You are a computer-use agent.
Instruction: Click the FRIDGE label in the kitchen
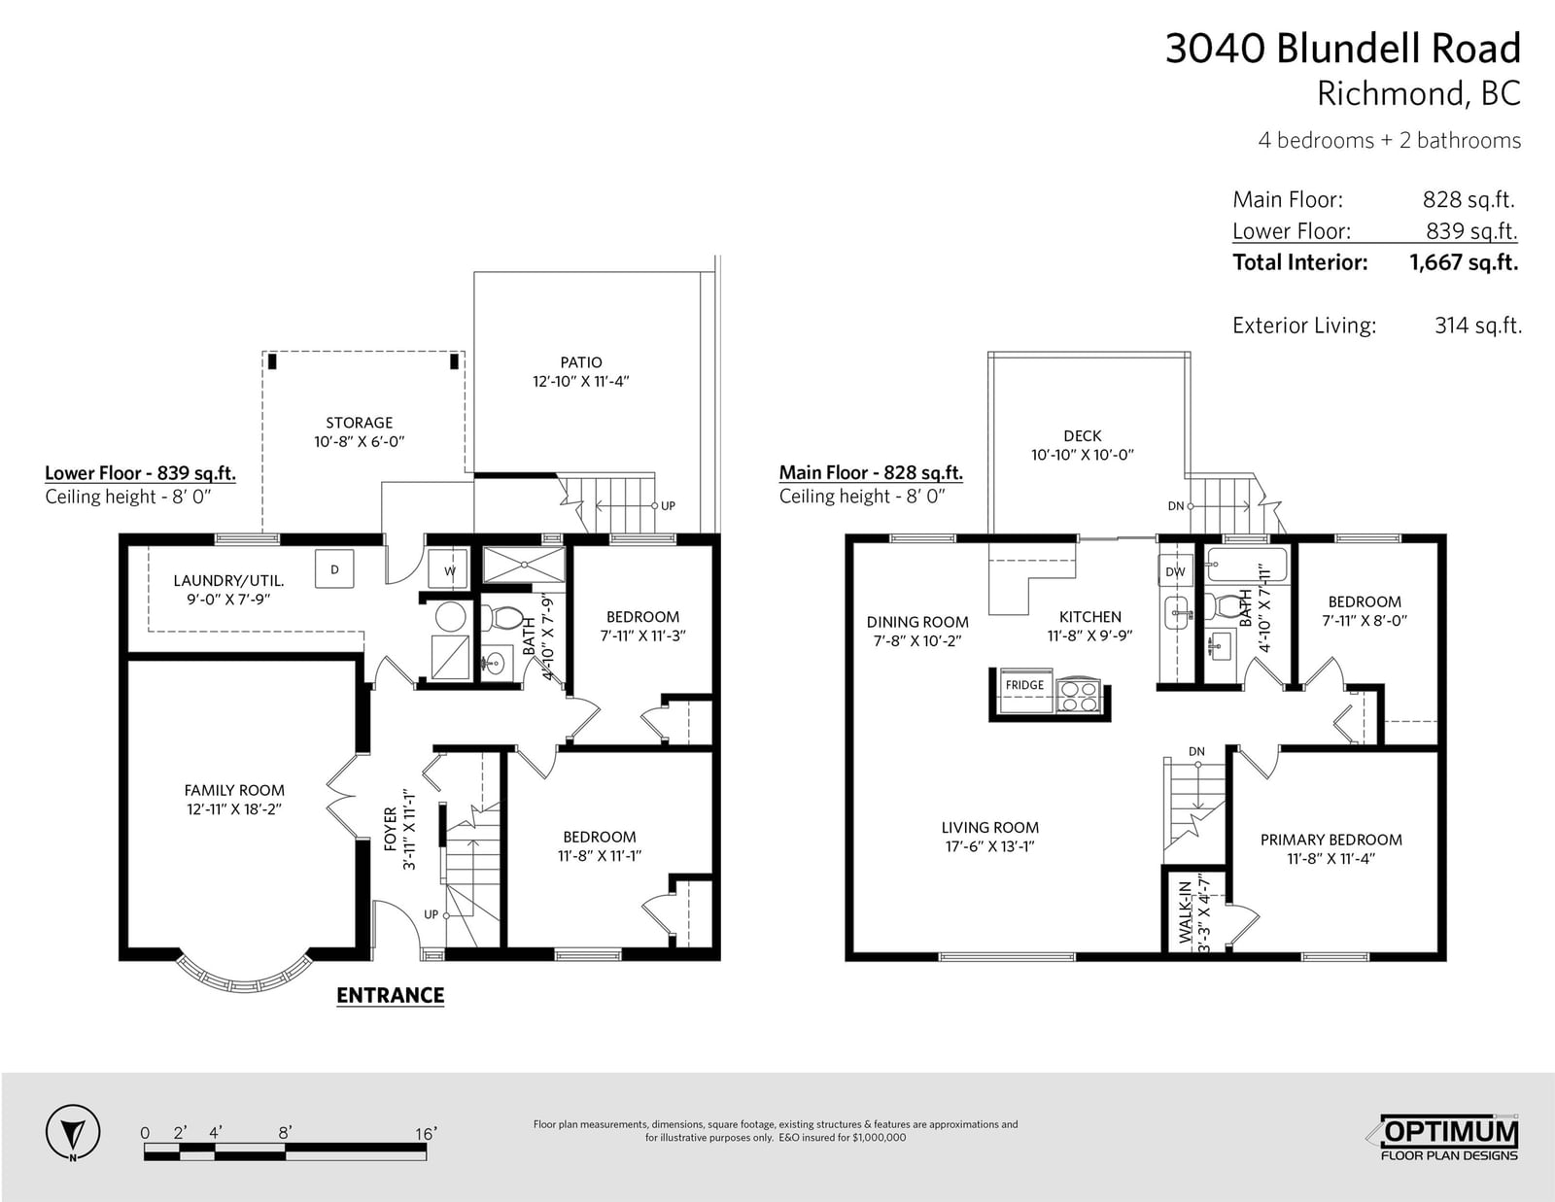click(x=1024, y=685)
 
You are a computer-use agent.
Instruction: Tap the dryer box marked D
click(x=334, y=569)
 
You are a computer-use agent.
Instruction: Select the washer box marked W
click(x=449, y=570)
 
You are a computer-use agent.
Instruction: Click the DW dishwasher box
click(x=1175, y=571)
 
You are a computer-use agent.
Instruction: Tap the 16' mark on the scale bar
click(x=425, y=1134)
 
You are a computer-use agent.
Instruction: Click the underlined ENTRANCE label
click(x=390, y=996)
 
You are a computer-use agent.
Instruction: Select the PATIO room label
click(x=581, y=362)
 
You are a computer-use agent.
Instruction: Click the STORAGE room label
click(x=360, y=423)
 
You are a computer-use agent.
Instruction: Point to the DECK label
click(x=1082, y=435)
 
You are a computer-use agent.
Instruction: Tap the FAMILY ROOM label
click(x=234, y=791)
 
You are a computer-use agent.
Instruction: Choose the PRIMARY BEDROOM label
click(x=1331, y=840)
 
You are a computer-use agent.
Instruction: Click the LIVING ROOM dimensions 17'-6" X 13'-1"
click(x=989, y=846)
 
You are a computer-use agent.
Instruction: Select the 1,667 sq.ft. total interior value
click(x=1464, y=262)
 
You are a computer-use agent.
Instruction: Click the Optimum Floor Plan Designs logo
click(x=1447, y=1138)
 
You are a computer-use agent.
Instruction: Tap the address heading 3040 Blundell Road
click(x=1343, y=49)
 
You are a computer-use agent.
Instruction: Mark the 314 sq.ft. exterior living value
click(x=1477, y=326)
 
